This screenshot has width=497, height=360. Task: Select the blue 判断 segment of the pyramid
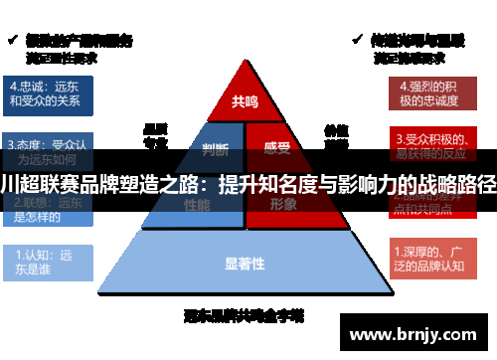(x=215, y=150)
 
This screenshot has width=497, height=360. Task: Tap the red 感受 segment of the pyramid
(x=277, y=150)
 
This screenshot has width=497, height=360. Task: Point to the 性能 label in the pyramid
(x=197, y=204)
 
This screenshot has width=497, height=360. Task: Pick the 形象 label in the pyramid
(x=282, y=204)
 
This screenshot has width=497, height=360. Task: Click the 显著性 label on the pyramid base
(x=245, y=263)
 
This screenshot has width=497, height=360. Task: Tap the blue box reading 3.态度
(x=47, y=150)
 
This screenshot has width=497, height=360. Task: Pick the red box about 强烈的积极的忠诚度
(x=426, y=92)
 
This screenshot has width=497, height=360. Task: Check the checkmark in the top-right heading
(x=358, y=40)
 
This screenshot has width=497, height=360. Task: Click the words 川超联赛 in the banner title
(x=36, y=185)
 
